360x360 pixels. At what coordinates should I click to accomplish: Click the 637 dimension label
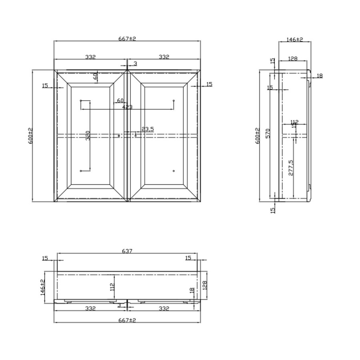click(127, 251)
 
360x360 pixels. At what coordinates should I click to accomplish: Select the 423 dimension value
click(127, 107)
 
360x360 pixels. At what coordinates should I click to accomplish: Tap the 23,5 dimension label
click(148, 129)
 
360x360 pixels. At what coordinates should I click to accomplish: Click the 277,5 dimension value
click(291, 168)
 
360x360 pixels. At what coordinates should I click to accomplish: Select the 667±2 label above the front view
click(127, 38)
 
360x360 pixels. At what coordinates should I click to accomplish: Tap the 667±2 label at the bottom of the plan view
click(127, 320)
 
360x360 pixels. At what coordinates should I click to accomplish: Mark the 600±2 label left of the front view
click(30, 136)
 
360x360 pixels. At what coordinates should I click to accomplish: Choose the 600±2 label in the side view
click(258, 136)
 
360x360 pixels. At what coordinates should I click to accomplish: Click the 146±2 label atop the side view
click(295, 40)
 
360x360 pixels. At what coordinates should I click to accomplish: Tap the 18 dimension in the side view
click(319, 76)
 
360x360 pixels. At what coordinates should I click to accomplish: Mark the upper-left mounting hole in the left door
click(81, 100)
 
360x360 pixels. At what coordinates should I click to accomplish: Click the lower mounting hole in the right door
click(174, 171)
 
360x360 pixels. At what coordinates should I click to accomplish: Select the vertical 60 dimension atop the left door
click(96, 76)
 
